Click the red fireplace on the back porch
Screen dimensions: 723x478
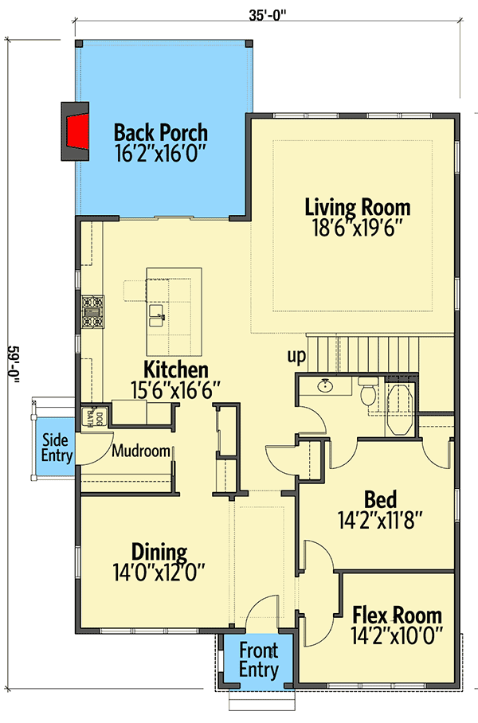(77, 132)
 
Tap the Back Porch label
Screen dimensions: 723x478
(160, 131)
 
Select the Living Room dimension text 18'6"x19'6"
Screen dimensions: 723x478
(358, 228)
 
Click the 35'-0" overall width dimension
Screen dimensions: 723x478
(267, 14)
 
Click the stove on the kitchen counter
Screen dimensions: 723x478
(92, 311)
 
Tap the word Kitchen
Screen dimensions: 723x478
(176, 369)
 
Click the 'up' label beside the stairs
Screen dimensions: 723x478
(296, 356)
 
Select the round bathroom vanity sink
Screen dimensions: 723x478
(325, 388)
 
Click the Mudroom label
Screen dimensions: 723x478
(141, 451)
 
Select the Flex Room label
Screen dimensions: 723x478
(397, 616)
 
